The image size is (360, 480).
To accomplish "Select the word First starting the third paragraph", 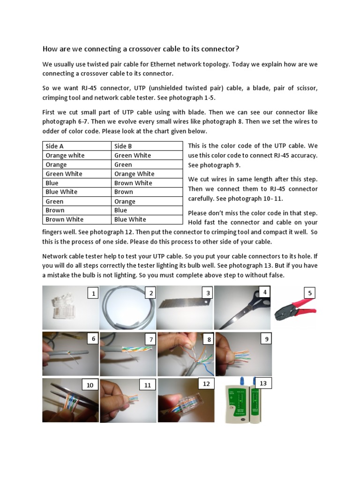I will click(50, 112).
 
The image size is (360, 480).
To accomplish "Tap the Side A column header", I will click(55, 146).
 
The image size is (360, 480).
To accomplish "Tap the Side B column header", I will click(123, 146).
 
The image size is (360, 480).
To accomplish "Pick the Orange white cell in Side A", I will click(65, 155).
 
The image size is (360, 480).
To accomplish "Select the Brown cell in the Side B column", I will click(124, 192).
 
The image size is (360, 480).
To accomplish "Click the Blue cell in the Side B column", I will click(121, 210).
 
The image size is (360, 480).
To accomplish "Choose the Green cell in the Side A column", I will click(55, 201).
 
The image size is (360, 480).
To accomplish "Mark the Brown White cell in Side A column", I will click(64, 219).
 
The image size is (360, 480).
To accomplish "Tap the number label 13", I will click(263, 383).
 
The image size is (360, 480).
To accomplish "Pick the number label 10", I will click(90, 385).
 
